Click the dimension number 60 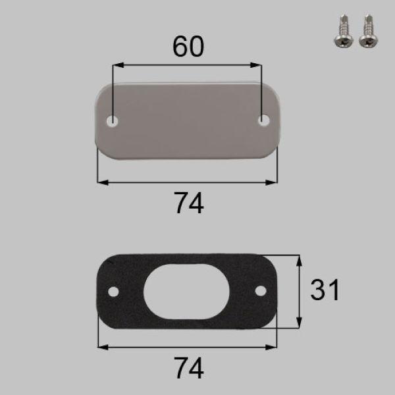[188, 47]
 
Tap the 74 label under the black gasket [189, 366]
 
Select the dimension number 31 [324, 290]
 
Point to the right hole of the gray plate [264, 120]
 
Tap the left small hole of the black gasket [113, 291]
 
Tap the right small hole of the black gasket [261, 290]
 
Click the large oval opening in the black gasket [188, 290]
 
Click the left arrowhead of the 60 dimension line [117, 65]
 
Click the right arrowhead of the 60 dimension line [259, 65]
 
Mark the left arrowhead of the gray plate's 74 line [101, 182]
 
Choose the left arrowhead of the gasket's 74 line [101, 347]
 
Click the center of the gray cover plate [188, 120]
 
